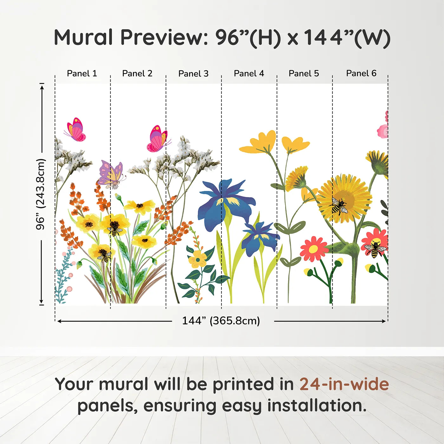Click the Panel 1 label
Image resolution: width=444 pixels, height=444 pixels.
82,73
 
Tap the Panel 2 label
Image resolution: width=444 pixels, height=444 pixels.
137,73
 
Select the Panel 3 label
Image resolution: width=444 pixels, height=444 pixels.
193,74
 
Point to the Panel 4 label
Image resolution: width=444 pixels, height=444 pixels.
249,73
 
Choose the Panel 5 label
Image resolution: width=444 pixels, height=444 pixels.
304,73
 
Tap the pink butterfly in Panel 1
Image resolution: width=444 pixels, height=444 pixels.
75,129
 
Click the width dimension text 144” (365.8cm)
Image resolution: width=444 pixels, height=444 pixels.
221,321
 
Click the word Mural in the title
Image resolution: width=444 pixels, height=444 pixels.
83,37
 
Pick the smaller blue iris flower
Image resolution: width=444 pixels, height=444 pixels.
260,239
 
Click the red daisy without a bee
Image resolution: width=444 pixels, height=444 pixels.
314,248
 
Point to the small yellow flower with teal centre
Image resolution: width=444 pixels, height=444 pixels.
198,259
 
